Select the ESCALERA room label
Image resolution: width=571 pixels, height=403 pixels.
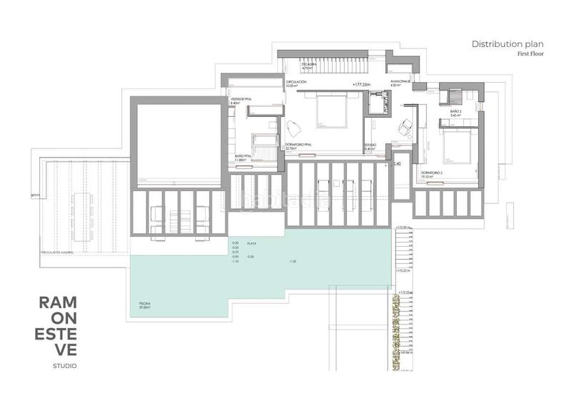[308, 63]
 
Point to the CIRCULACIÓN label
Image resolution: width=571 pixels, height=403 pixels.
[296, 83]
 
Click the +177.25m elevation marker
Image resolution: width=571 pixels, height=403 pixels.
[362, 83]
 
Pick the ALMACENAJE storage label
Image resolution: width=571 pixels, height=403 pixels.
[399, 83]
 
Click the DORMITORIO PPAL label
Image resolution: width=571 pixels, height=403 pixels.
[300, 145]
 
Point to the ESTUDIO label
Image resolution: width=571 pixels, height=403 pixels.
[370, 145]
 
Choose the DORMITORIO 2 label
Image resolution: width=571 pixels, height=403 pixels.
[432, 173]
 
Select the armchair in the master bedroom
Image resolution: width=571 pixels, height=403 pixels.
[293, 129]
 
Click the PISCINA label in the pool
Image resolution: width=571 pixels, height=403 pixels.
[145, 305]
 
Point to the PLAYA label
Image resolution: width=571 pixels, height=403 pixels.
[251, 243]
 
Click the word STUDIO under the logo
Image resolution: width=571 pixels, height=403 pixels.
[64, 366]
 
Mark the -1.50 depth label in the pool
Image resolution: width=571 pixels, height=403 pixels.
[292, 262]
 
